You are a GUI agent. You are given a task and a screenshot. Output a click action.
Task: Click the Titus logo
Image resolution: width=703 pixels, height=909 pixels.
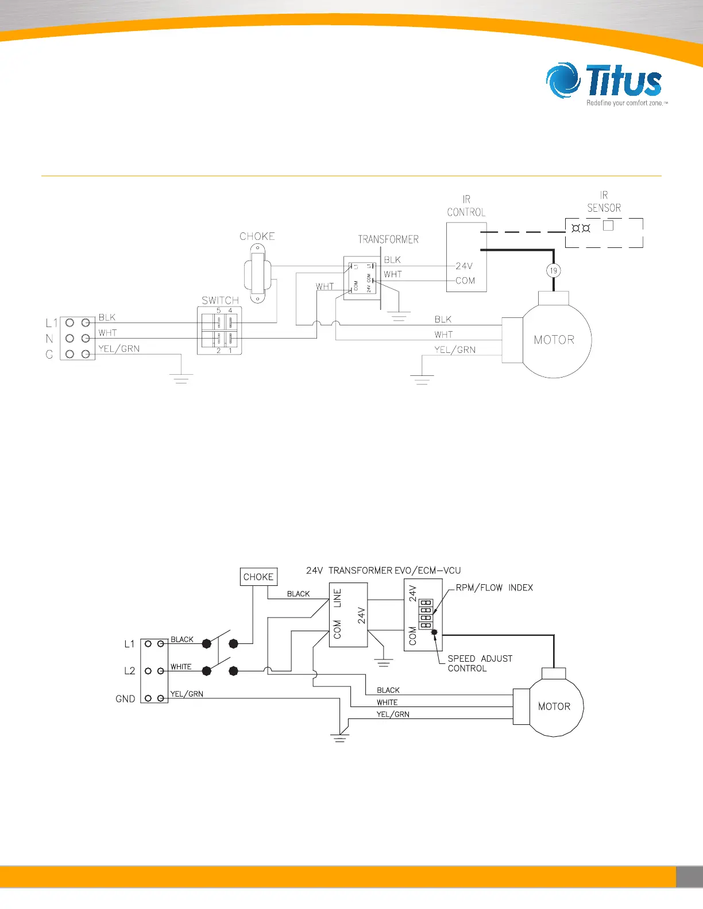point(607,84)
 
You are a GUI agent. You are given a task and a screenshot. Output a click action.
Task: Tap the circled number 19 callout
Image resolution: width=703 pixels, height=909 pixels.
point(553,270)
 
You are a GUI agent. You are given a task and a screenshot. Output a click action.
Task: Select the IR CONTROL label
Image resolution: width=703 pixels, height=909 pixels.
point(466,205)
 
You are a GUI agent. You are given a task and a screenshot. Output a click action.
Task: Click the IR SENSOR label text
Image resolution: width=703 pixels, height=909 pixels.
point(604,201)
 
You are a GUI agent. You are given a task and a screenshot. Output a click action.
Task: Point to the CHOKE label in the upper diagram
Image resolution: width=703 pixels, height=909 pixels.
point(257,236)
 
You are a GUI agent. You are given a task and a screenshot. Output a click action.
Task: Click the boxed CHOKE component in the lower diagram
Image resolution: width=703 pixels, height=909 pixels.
point(258,577)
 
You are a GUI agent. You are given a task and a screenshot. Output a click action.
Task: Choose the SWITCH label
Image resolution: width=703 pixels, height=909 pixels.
point(220,300)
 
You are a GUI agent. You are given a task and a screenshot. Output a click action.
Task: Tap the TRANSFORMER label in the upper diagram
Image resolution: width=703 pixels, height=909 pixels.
point(388,239)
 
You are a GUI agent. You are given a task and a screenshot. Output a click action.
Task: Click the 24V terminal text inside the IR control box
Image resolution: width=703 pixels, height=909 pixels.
point(464,266)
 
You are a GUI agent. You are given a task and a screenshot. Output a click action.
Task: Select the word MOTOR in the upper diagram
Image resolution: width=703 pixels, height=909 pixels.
point(554,340)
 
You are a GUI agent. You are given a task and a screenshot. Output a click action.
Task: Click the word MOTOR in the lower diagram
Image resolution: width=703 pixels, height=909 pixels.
point(554,706)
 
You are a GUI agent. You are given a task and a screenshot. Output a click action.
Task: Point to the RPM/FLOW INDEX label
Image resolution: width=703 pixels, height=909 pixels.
point(494,588)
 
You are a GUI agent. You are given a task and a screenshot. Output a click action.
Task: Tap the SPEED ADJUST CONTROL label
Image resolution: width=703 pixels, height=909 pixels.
point(480,663)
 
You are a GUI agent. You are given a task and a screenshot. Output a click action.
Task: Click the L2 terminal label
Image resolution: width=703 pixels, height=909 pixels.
point(130,671)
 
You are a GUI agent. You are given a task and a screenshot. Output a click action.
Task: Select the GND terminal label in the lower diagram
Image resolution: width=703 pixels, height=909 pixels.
point(125,699)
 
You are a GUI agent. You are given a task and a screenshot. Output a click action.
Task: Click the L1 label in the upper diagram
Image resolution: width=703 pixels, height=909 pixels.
point(52,323)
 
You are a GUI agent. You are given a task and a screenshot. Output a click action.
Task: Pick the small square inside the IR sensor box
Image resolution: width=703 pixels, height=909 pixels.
point(608,226)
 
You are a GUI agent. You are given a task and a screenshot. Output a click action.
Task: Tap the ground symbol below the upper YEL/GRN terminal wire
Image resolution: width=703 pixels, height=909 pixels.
point(181,378)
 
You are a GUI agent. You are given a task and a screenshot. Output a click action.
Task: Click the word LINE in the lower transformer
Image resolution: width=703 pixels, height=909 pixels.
point(337,598)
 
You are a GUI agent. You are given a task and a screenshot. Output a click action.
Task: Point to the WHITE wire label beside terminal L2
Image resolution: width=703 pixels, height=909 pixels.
point(181,667)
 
